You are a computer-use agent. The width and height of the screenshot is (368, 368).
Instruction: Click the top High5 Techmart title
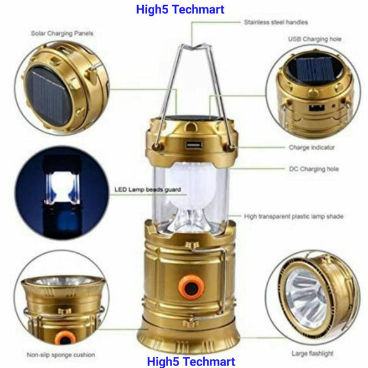pos(180,10)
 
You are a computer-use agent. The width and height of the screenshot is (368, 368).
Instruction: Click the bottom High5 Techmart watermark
pos(191,362)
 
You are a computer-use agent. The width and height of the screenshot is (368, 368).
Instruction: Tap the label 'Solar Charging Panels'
pos(62,34)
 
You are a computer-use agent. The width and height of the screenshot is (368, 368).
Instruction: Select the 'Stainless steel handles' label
pos(276,22)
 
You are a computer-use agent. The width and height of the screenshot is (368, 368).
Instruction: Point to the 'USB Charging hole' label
pos(315,39)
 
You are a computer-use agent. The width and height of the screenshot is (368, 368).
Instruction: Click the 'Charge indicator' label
pos(312,147)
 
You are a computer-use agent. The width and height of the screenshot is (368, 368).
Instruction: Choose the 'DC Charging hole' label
pos(314,169)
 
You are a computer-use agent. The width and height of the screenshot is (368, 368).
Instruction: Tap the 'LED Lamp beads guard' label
pos(148,190)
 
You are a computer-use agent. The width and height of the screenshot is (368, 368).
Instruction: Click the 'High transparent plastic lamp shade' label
pos(294,216)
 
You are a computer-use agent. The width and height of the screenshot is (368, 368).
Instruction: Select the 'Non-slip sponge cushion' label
pos(61,355)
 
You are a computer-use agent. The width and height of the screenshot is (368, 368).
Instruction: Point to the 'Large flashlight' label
pos(312,353)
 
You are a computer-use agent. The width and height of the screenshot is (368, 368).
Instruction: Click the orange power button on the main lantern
pos(190,286)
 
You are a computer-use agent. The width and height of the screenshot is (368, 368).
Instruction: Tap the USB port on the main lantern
pos(194,144)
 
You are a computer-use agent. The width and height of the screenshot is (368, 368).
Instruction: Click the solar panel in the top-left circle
pos(48,96)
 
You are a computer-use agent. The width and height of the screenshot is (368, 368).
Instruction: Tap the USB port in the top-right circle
pos(317,108)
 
